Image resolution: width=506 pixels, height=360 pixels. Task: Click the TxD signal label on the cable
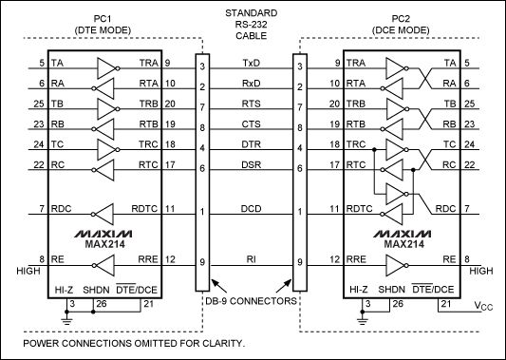point(251,63)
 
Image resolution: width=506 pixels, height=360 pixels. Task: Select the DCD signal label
point(251,209)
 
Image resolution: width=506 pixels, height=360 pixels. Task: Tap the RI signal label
point(252,259)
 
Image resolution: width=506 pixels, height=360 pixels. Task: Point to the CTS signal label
point(251,124)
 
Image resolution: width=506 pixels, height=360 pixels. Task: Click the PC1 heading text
point(103,19)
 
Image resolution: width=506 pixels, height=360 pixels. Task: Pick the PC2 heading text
point(401,19)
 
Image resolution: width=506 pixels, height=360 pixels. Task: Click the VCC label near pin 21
point(483,306)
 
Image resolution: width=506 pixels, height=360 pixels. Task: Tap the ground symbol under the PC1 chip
point(66,320)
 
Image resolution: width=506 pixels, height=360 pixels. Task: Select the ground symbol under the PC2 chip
point(363,320)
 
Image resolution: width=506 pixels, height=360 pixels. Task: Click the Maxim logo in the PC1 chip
point(103,234)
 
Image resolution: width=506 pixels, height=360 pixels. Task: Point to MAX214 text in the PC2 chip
point(403,244)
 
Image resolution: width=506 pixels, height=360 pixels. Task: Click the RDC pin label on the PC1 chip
point(62,209)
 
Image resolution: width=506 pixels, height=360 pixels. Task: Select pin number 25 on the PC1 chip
point(39,104)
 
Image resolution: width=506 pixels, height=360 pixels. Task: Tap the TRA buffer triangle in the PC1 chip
point(108,68)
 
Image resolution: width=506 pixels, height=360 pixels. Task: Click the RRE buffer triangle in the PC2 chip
point(397,265)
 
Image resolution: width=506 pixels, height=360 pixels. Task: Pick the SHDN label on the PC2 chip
point(391,290)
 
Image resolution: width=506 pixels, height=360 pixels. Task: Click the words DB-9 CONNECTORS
point(251,301)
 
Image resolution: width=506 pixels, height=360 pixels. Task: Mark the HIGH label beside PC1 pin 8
point(28,271)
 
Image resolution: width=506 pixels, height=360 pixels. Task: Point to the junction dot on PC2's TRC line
point(374,150)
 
